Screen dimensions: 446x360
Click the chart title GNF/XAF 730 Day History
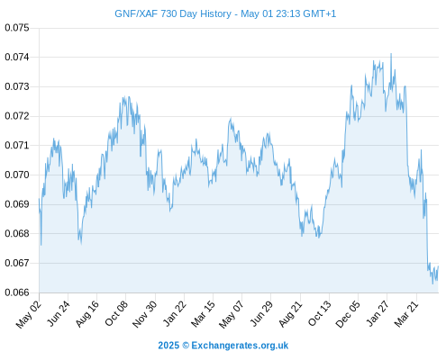tap(173, 13)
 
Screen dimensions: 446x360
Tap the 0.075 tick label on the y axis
tap(17, 28)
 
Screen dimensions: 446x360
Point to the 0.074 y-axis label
tap(17, 57)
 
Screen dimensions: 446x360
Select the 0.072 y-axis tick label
tap(17, 116)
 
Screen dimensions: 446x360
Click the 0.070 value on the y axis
tap(17, 175)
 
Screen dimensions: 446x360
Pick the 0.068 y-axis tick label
tap(17, 233)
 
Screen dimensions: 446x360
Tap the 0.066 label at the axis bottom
tap(17, 292)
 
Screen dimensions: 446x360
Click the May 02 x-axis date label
tap(28, 314)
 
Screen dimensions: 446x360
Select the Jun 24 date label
tap(58, 313)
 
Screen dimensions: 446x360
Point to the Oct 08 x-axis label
tap(115, 313)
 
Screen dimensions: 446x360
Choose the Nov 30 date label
tap(144, 314)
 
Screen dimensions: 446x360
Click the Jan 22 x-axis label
tap(174, 313)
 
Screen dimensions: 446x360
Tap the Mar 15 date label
tap(203, 313)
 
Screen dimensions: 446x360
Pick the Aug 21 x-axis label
tap(290, 313)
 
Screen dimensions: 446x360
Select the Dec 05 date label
tap(347, 314)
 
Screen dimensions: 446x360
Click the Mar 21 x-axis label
tap(406, 313)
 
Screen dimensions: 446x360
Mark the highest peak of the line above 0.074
tap(391, 54)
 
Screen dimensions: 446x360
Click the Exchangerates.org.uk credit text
tap(240, 346)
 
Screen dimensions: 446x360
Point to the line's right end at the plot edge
tap(438, 266)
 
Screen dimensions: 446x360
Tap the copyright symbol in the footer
tap(186, 346)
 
